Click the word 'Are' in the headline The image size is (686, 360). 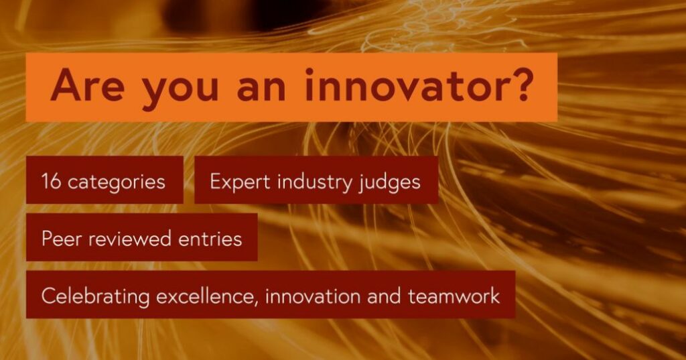pos(88,84)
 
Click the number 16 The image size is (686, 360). pos(51,181)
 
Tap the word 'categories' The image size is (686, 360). pos(117,182)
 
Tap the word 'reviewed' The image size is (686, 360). pos(131,238)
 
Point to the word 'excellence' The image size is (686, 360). pos(204,296)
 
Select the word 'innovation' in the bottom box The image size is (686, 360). pos(313,296)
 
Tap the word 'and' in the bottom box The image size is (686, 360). pos(384,296)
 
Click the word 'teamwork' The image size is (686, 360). pos(454,296)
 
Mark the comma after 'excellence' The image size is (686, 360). pos(255,304)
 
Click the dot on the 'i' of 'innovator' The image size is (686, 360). pos(310,71)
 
